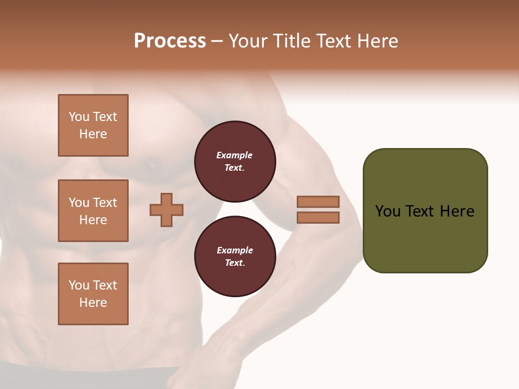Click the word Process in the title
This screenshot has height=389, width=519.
tap(170, 41)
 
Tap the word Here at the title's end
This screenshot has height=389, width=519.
tap(376, 41)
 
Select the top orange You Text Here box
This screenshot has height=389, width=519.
tap(93, 125)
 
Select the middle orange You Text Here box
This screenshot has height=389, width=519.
tap(93, 211)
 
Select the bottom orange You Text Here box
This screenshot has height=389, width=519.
tap(93, 293)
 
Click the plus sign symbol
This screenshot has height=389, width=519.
tap(167, 210)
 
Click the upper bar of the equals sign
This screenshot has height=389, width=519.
tap(318, 202)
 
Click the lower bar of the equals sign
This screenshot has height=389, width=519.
tap(318, 218)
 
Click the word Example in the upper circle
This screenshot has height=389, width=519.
tap(235, 155)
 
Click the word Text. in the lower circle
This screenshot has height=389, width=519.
tap(235, 263)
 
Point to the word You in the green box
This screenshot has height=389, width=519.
tap(388, 211)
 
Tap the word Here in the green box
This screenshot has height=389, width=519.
tap(457, 211)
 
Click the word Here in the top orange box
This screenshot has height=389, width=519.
tap(93, 134)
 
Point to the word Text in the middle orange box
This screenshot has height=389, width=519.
tap(104, 203)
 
